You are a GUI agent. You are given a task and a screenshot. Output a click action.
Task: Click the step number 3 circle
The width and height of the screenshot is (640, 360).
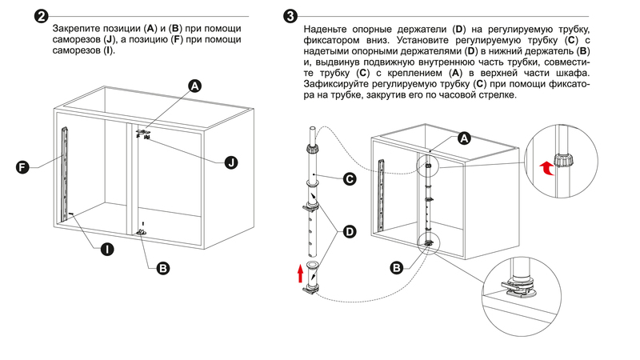click(293, 17)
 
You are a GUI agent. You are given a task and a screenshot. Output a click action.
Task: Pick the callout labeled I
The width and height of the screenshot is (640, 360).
click(106, 250)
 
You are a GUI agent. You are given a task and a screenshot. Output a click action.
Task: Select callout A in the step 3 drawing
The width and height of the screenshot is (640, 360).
click(463, 138)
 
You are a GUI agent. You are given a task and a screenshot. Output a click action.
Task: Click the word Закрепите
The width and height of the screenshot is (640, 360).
click(78, 30)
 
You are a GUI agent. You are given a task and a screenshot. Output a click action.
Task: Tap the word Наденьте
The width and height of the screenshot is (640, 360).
click(329, 30)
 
